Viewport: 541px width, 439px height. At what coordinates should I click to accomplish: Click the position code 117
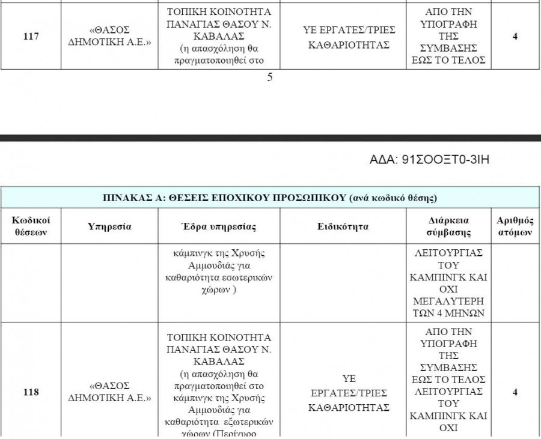[x=31, y=37]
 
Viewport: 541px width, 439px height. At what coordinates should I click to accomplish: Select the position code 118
[x=31, y=393]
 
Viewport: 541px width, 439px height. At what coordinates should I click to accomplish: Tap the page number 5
[x=269, y=77]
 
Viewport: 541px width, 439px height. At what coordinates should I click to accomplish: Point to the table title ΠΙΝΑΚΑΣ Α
[x=270, y=197]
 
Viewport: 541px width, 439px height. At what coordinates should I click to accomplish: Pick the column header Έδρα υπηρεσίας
[x=219, y=226]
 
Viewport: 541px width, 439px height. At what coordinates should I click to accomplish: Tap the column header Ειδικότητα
[x=343, y=226]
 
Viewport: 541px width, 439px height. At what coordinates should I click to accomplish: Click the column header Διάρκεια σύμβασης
[x=448, y=226]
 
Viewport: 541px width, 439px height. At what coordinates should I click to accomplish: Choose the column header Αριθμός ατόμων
[x=516, y=226]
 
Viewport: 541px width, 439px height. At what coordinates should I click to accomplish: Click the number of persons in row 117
[x=515, y=37]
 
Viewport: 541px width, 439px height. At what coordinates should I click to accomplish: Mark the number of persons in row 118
[x=515, y=393]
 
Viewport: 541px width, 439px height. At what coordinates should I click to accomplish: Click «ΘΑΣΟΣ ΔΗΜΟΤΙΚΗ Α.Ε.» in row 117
[x=109, y=37]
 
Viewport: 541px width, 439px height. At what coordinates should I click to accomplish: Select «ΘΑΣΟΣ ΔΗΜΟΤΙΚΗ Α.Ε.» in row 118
[x=109, y=393]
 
